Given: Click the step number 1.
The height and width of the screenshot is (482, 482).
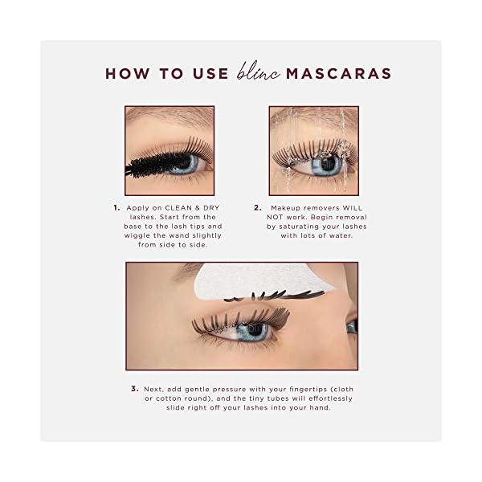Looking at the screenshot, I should point(116,206).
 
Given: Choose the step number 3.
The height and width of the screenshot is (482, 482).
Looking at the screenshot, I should point(134,389).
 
